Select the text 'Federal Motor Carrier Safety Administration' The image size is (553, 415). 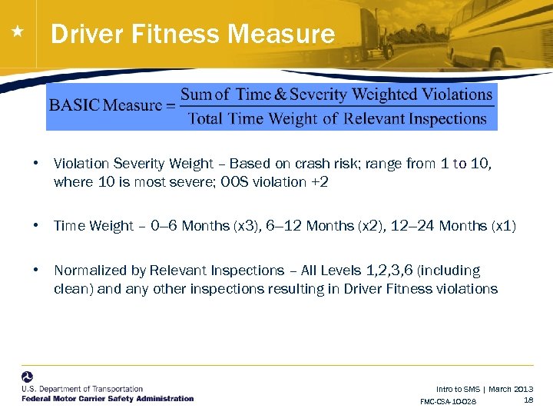[x=108, y=398]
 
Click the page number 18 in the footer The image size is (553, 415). [x=528, y=400]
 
